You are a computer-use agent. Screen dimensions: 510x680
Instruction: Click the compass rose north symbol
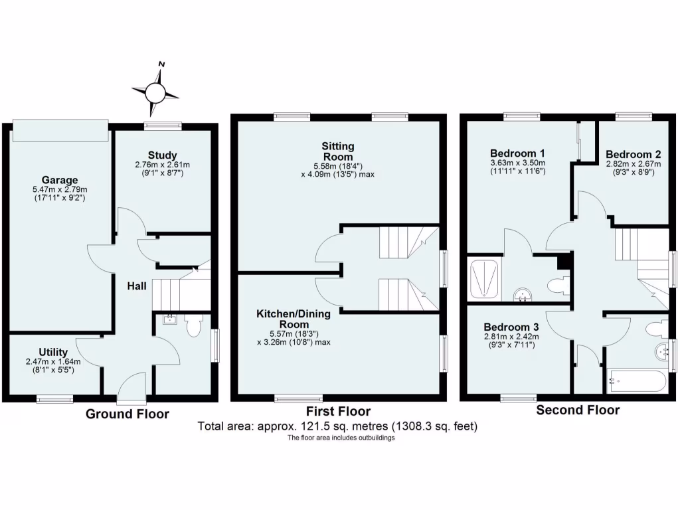tap(155, 92)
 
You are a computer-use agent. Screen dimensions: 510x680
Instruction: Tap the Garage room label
tap(60, 180)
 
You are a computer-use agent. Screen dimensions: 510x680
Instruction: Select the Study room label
tap(163, 155)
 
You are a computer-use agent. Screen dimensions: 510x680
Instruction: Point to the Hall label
tap(137, 287)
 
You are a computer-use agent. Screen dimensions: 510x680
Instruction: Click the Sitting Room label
tap(338, 151)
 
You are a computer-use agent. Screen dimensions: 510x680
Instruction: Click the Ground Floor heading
tap(127, 414)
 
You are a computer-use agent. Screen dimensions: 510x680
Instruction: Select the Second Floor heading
tap(578, 410)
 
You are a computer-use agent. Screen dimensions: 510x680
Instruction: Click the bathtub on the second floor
tap(636, 381)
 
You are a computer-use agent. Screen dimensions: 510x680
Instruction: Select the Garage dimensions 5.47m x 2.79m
tap(60, 190)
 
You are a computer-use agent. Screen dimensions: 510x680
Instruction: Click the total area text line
tap(337, 426)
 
